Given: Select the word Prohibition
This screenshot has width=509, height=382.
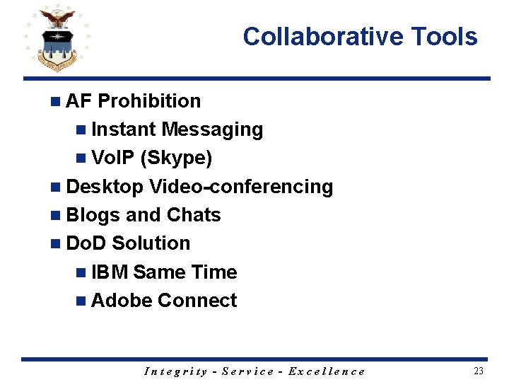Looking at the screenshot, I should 149,101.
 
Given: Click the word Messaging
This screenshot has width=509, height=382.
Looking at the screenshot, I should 212,130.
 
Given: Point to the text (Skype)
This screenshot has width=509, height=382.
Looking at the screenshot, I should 177,158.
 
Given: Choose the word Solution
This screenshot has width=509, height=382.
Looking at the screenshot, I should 151,243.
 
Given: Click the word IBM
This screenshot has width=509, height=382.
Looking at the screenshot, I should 110,272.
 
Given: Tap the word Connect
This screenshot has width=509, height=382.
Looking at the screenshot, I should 197,301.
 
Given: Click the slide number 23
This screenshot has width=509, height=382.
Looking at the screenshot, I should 479,371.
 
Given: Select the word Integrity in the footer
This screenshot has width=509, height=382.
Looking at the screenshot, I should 176,371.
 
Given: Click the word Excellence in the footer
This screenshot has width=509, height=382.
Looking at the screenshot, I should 327,371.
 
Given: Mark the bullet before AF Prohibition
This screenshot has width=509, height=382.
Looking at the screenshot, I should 55,102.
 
